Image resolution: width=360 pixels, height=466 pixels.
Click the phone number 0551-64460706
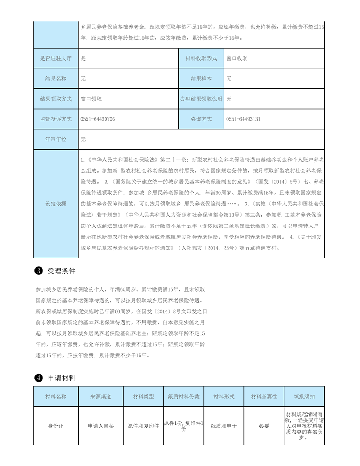click(x=98, y=119)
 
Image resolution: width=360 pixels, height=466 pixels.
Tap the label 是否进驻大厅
click(x=56, y=58)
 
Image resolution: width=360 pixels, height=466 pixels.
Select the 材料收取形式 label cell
click(x=201, y=58)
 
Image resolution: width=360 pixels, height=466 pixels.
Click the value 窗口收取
click(x=237, y=58)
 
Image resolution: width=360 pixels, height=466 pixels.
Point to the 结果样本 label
click(x=201, y=79)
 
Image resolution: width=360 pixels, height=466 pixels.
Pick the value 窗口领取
click(x=91, y=99)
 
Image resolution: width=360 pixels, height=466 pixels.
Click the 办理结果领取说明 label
click(x=201, y=99)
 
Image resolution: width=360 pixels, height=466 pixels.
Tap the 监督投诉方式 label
click(x=56, y=119)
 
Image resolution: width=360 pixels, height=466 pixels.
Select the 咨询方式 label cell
click(x=201, y=119)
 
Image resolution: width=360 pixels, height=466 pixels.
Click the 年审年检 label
click(x=56, y=140)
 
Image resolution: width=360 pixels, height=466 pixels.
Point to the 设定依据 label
click(x=56, y=204)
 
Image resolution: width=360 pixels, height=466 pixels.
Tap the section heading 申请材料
click(x=61, y=378)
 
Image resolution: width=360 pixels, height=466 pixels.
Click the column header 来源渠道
click(x=101, y=397)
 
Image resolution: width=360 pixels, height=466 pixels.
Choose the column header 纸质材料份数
click(x=183, y=397)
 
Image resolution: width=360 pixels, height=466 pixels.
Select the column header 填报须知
click(x=304, y=397)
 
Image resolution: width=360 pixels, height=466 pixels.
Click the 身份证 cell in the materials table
click(x=56, y=426)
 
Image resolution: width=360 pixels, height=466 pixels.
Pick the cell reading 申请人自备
click(x=101, y=426)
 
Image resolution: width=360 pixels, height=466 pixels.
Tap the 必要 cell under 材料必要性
click(x=264, y=426)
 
